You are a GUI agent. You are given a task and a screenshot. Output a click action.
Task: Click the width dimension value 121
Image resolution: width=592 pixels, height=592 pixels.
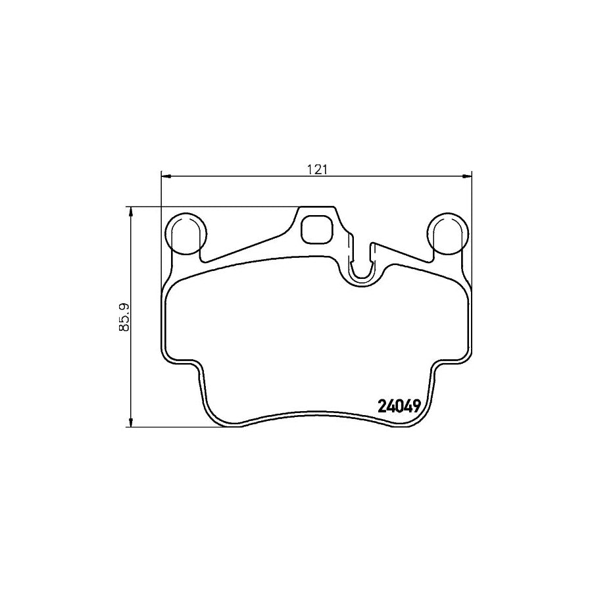pos(317,169)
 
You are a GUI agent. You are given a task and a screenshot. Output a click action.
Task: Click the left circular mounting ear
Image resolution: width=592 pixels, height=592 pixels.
pos(187,234)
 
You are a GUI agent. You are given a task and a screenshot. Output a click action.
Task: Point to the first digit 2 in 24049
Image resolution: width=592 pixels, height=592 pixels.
pos(383,407)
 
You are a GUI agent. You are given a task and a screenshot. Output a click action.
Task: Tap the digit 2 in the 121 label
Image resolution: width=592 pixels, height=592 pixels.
pos(317,169)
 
